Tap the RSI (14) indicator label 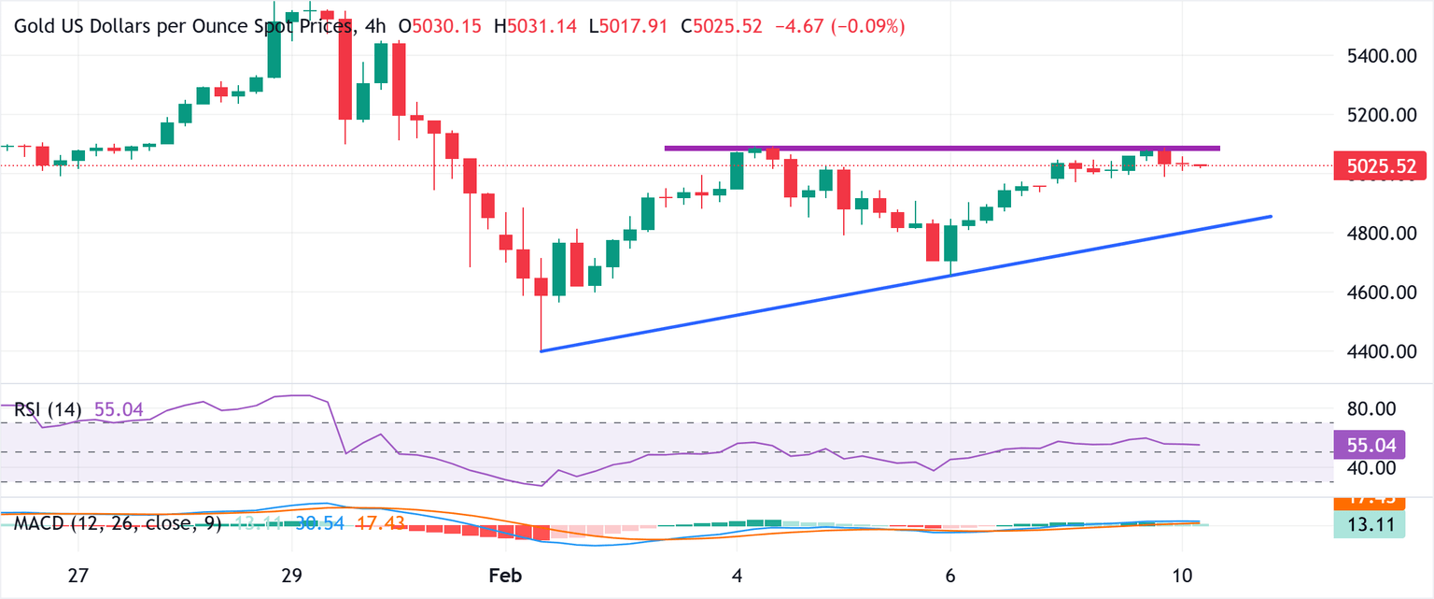[x=48, y=409]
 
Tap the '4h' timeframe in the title [x=375, y=26]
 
